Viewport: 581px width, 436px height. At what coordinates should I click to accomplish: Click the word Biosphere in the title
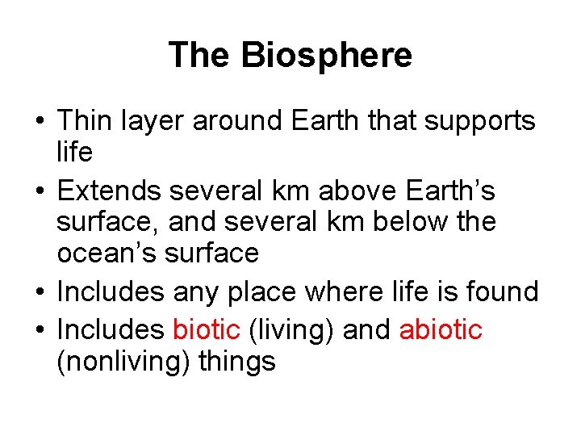326,56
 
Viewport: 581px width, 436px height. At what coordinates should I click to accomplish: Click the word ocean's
107,253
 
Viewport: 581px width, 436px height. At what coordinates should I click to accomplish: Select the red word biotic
207,329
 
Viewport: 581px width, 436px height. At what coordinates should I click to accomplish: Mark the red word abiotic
441,329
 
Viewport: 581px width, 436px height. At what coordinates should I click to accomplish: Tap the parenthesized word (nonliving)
117,361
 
